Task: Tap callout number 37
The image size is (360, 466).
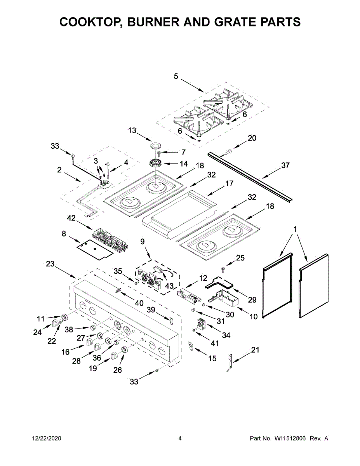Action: (285, 166)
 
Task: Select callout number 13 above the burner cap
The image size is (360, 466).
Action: (132, 131)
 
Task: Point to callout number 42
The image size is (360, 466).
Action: (71, 218)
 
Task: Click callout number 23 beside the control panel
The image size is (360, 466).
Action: (50, 264)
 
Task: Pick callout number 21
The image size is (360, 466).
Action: (255, 350)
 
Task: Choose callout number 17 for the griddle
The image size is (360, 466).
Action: (229, 183)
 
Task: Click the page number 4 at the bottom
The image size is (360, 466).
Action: (180, 438)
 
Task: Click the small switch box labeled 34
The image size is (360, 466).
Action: (201, 323)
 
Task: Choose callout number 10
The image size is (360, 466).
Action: (253, 316)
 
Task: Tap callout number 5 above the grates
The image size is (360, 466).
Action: (176, 77)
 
